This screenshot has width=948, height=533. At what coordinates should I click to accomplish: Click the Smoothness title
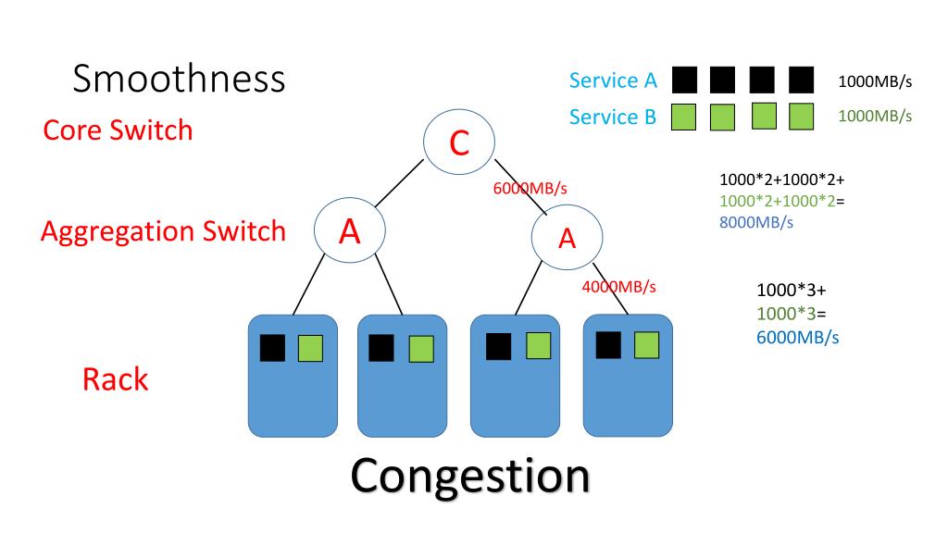tap(179, 79)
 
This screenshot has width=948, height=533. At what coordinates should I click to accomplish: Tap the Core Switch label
tap(118, 130)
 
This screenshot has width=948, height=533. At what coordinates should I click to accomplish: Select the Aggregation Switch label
tap(163, 231)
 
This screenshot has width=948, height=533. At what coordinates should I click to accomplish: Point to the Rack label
tap(115, 379)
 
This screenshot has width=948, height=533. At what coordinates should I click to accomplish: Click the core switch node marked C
tap(459, 142)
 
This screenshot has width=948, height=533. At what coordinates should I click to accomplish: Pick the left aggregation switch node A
tap(349, 230)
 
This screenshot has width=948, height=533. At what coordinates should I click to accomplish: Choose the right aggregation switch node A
tap(568, 238)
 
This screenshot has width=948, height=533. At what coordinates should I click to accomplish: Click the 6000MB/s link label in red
tap(530, 189)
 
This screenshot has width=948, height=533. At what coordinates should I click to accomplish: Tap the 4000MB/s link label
tap(619, 287)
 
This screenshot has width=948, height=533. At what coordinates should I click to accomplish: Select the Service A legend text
tap(613, 81)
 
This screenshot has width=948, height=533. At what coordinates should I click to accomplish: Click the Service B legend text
tap(613, 117)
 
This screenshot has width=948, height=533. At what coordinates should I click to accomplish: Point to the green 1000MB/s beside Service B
tap(875, 116)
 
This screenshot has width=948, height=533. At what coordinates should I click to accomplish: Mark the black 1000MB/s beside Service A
tap(875, 81)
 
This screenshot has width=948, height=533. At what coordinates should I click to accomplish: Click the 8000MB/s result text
tap(756, 222)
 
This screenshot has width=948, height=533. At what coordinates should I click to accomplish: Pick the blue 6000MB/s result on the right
tap(797, 337)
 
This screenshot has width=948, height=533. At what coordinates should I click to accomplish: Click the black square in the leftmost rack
tap(273, 348)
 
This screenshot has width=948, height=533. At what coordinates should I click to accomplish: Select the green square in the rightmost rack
tap(646, 345)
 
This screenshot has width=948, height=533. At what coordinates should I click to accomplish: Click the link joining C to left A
tap(399, 183)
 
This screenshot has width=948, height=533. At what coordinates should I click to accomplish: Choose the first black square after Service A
tap(684, 81)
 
